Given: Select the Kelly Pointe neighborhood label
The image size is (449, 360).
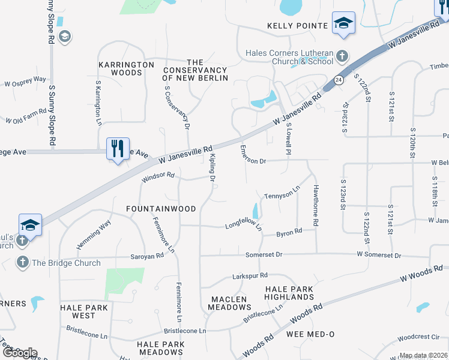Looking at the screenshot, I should pos(298,26).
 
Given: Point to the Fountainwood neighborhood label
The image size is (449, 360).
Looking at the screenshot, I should pos(161,209).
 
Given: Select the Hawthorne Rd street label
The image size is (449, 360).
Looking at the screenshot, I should pos(315,205).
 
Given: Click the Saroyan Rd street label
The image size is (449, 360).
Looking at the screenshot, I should pos(147,256).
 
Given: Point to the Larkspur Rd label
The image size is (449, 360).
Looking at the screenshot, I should pos(250,277).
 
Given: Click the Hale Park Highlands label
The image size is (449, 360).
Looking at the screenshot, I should pos(289,293).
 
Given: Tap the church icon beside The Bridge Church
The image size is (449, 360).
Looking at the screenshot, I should pos(23,262).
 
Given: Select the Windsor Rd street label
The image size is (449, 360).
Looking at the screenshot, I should pos(158,177).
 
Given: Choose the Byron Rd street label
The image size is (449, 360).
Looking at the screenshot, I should pos(289,232).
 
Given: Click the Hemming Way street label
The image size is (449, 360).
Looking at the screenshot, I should pos(94,235).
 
